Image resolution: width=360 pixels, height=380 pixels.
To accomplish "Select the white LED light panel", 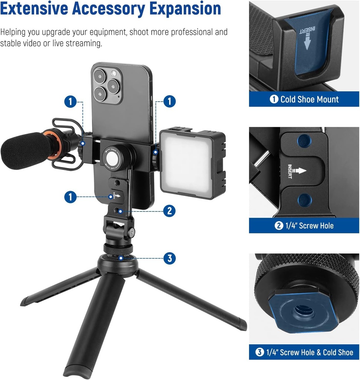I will [187, 163].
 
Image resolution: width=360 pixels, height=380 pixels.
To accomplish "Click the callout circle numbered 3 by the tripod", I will [169, 258].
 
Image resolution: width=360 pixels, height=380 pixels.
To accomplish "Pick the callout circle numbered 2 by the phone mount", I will [169, 211].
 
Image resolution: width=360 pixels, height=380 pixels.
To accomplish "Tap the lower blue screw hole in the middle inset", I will [305, 200].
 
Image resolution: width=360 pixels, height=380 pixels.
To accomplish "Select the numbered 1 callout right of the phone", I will [169, 101].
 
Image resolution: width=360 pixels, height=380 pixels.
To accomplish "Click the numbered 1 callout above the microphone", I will [70, 101].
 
